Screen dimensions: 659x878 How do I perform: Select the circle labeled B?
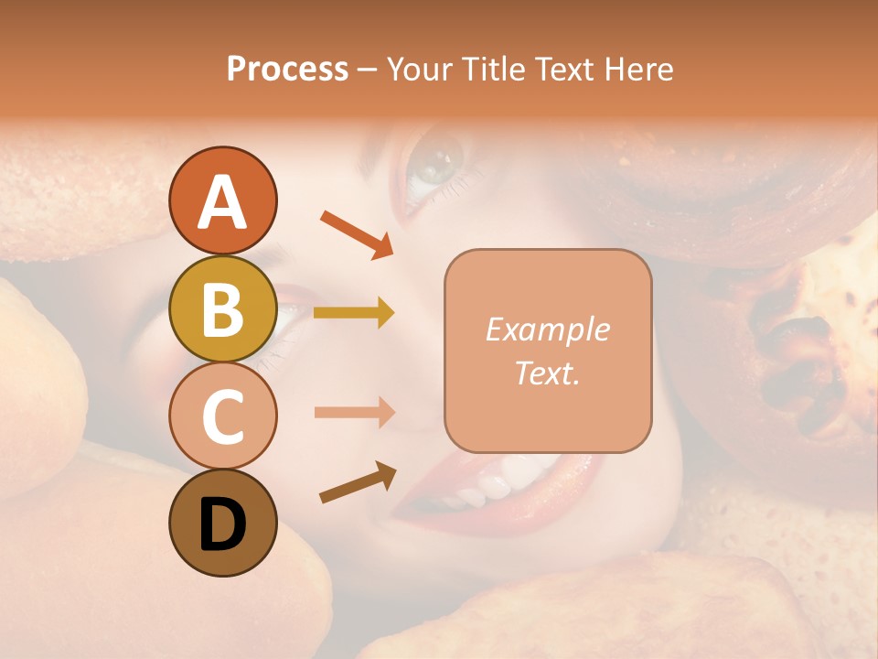click(222, 309)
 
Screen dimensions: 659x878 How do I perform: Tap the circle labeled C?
click(222, 416)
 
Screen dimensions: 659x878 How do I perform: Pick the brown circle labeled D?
click(222, 524)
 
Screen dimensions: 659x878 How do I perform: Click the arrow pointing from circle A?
click(356, 232)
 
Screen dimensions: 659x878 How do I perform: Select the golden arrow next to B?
click(353, 313)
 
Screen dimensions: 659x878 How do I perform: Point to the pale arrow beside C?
click(353, 412)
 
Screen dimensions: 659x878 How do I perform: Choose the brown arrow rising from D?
click(357, 482)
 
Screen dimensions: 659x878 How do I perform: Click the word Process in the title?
click(287, 70)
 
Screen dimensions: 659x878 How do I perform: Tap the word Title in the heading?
click(493, 70)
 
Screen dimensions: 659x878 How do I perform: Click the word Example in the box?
click(547, 329)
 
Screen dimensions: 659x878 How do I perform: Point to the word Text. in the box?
click(547, 373)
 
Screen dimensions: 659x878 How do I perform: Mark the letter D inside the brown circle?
click(222, 525)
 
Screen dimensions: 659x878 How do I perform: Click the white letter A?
click(222, 202)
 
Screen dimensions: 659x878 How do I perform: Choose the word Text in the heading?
click(563, 70)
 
